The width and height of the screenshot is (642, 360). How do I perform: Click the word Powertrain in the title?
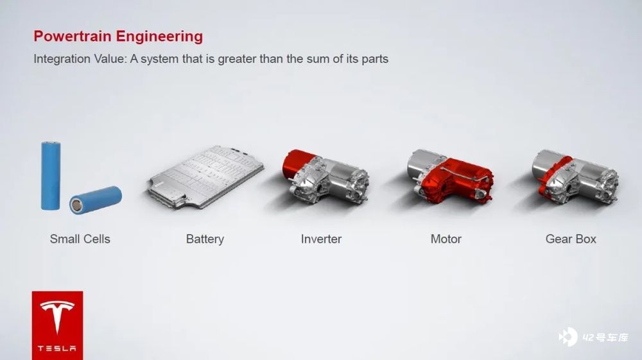tap(73, 36)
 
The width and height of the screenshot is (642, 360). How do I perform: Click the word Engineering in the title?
tap(159, 37)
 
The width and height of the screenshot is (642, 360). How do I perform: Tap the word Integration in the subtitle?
tap(62, 59)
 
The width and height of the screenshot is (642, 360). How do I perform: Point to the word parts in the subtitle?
tap(375, 60)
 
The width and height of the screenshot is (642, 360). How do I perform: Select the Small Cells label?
tap(80, 239)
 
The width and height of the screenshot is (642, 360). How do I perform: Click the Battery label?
tap(205, 239)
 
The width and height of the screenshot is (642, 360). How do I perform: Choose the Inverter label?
tap(321, 239)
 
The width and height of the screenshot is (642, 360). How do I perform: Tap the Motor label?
tap(446, 239)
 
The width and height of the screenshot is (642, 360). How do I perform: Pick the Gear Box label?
tap(571, 239)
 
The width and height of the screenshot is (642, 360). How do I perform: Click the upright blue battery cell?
tap(51, 175)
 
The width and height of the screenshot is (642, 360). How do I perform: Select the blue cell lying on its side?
tap(96, 200)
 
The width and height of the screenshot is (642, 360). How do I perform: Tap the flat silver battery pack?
tap(206, 176)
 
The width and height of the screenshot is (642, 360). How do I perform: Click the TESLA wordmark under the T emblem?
tap(57, 348)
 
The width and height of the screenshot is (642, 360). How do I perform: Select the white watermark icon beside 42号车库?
tap(568, 337)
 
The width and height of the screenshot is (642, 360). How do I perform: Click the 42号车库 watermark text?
tap(605, 338)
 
